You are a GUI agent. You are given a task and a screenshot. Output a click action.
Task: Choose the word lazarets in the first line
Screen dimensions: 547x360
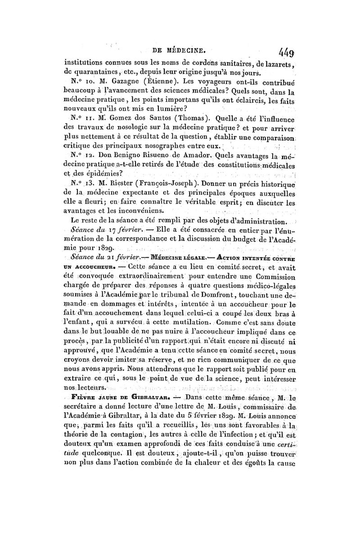point(276,63)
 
